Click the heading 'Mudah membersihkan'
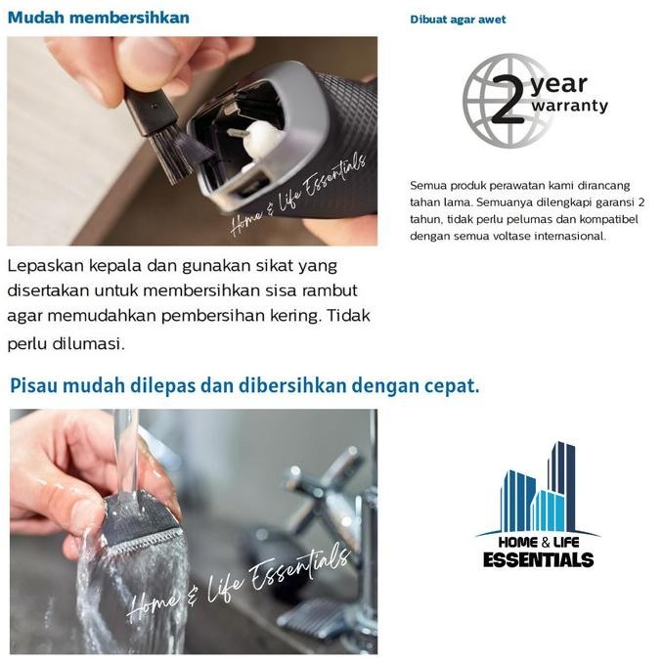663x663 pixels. pyautogui.click(x=99, y=18)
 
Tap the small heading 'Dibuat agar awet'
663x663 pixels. pyautogui.click(x=458, y=20)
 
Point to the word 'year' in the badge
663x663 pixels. pyautogui.click(x=558, y=85)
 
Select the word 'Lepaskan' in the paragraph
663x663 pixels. pyautogui.click(x=47, y=266)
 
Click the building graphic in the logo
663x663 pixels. pyautogui.click(x=539, y=489)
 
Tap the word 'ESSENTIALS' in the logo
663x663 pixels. pyautogui.click(x=538, y=560)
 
